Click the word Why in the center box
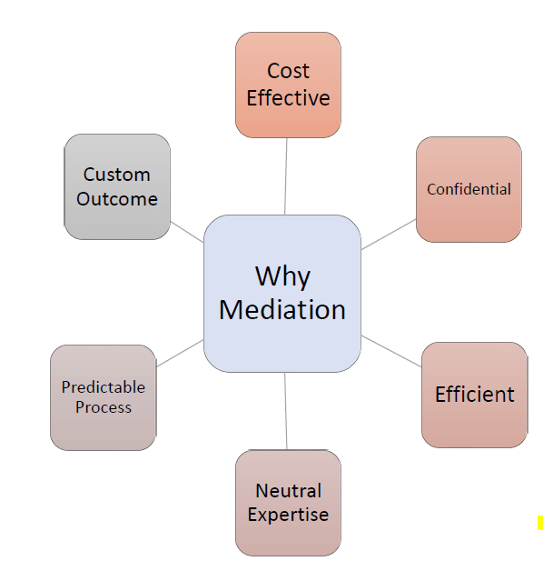point(282,275)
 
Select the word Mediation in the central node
point(282,309)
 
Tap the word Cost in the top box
point(288,71)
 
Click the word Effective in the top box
point(288,97)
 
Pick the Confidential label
point(469,189)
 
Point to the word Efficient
point(474,394)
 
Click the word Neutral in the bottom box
point(288,490)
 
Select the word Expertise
point(288,515)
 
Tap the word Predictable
point(103,386)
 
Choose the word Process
point(103,407)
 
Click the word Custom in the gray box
point(116,174)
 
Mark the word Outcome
point(116,198)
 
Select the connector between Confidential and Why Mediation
point(389,234)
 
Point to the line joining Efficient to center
point(391,351)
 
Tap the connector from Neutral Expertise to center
point(286,411)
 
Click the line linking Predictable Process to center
point(180,353)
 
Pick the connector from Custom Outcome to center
point(187,231)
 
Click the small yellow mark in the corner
point(539,523)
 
